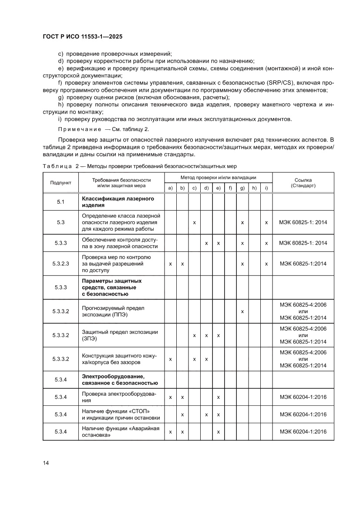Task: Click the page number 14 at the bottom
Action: pos(46,462)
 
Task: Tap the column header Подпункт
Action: pos(61,182)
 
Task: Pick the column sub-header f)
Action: pos(230,188)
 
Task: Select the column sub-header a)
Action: pos(170,188)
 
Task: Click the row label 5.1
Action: pos(61,202)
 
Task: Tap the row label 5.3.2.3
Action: pos(61,263)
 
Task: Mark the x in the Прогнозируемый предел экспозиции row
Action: pos(242,311)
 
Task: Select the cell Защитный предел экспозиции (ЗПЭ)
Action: pos(120,335)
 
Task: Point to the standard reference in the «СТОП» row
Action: pos(303,414)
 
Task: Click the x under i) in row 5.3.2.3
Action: pos(266,263)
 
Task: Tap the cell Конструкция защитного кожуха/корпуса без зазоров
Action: pos(120,359)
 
